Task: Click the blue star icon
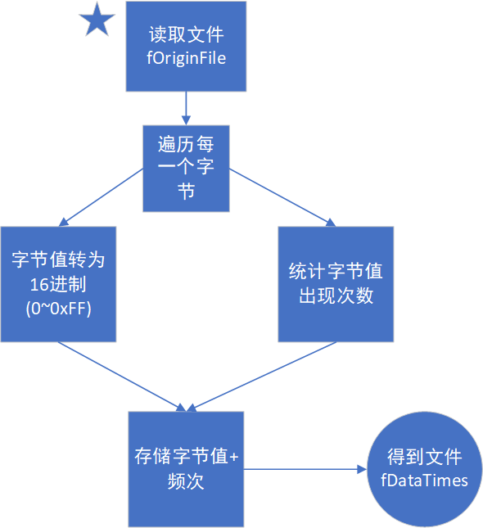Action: click(x=97, y=20)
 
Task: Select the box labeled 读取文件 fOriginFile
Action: click(x=186, y=47)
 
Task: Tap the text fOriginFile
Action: click(x=186, y=58)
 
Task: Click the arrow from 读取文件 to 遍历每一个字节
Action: click(x=186, y=108)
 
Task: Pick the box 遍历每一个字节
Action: click(x=187, y=168)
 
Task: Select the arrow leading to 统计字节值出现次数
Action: click(x=283, y=196)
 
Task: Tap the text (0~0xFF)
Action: click(x=58, y=309)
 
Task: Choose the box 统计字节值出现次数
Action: click(x=336, y=284)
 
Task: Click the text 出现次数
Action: click(x=336, y=296)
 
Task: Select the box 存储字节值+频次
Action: click(x=187, y=469)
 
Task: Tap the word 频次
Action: click(x=186, y=481)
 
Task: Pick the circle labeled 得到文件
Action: click(x=425, y=469)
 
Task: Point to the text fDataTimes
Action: click(x=425, y=481)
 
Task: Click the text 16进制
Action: click(x=58, y=285)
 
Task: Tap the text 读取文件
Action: click(x=186, y=36)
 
